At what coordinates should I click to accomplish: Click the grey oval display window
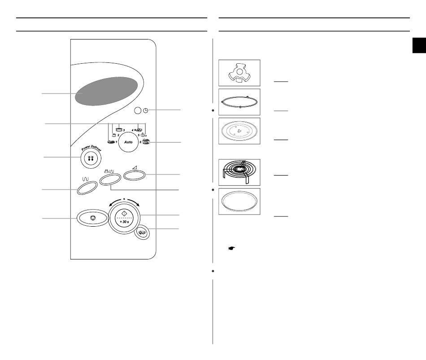coord(106,91)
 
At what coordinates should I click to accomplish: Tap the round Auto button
coord(129,142)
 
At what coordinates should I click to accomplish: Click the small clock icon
coord(146,110)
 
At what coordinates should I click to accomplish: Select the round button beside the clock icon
coord(138,110)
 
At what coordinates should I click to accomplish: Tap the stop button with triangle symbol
coord(93,218)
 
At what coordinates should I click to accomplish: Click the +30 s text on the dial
coord(124,222)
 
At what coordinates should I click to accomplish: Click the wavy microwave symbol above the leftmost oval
coord(85,179)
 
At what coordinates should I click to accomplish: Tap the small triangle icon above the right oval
coord(135,168)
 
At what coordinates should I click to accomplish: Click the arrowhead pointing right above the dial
coord(138,204)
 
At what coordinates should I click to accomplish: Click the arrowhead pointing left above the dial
coord(111,205)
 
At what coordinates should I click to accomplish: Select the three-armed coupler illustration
coord(239,73)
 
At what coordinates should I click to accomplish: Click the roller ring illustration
coord(239,102)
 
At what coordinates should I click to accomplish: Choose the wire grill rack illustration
coord(239,172)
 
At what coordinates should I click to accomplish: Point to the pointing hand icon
coord(231,248)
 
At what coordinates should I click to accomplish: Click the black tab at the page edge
coord(419,45)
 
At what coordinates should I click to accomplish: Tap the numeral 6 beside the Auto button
coord(140,142)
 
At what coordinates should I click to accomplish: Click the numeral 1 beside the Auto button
coord(116,142)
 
